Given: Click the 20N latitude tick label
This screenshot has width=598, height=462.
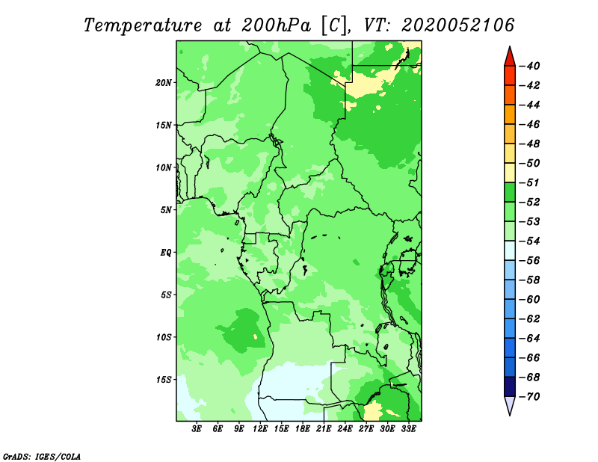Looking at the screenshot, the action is coord(164,83).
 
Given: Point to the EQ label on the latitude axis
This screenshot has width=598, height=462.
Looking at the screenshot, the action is coord(166,253).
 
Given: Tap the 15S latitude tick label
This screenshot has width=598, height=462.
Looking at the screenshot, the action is coord(164,380).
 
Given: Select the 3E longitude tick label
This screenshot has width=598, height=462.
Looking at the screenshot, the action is coord(197,429).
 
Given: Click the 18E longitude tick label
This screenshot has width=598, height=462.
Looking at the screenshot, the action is coord(303,429).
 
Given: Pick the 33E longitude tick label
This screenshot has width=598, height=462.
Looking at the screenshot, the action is coord(408,429).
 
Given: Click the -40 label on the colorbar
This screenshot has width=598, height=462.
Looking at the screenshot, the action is coord(530,66).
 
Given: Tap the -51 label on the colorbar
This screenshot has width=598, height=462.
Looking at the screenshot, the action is coord(530,182).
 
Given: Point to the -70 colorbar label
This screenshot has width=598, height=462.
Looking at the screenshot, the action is coord(530,397).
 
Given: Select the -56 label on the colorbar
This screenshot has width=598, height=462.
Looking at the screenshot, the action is coord(530,261).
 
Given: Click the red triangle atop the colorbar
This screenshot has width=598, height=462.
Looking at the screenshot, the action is coord(510,58).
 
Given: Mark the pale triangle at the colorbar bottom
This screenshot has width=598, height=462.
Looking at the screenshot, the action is coord(510,405).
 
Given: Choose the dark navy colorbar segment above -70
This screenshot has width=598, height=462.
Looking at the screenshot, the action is coord(510,386).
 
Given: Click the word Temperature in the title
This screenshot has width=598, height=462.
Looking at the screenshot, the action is coord(143,26).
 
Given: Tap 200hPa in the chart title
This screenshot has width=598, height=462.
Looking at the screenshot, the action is coord(276,25).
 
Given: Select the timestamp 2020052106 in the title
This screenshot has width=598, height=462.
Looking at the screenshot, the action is coord(457,25).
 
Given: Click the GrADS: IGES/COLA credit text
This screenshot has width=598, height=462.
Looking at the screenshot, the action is coord(42,456).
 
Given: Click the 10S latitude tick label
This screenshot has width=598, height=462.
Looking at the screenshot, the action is coord(164,337).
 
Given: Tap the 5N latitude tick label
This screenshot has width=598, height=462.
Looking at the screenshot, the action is coord(166,210).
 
